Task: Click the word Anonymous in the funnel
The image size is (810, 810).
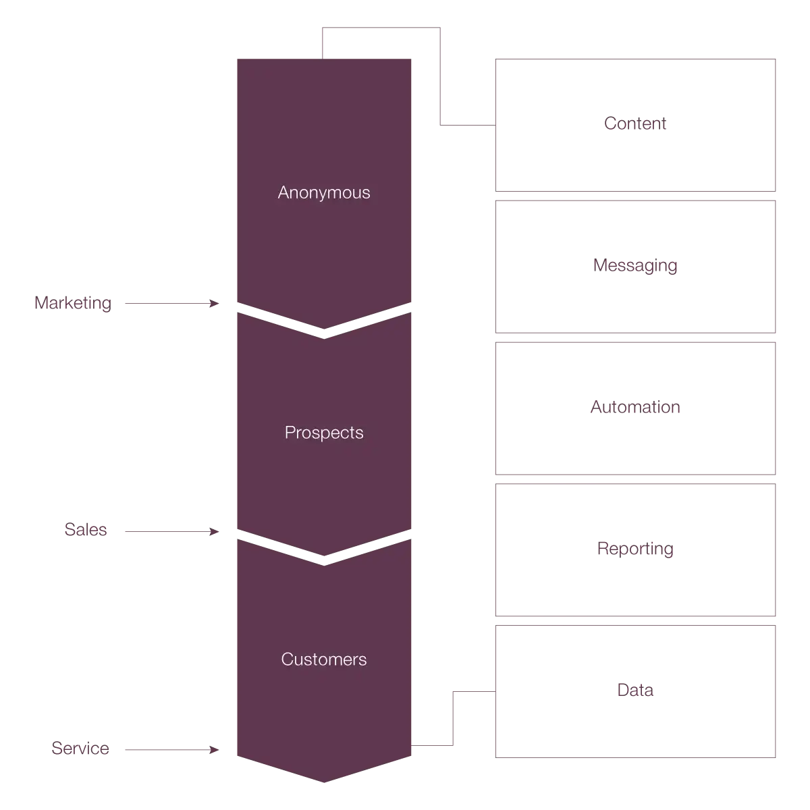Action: click(x=324, y=192)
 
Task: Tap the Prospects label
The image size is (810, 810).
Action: click(x=324, y=433)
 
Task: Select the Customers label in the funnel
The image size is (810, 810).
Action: click(x=324, y=659)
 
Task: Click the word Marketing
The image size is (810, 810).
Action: click(x=73, y=303)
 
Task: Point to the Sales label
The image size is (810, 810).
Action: click(x=86, y=530)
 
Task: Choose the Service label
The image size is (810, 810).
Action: click(x=80, y=749)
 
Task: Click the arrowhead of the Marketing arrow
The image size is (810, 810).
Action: click(x=215, y=304)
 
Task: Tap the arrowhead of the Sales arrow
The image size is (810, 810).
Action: click(x=215, y=532)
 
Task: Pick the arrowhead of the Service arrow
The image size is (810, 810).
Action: click(x=215, y=750)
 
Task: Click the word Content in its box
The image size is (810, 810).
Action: click(x=635, y=124)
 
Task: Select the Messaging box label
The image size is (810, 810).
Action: click(x=635, y=265)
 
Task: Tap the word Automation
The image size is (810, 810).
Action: click(x=635, y=407)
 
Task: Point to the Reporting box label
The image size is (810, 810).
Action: click(x=635, y=549)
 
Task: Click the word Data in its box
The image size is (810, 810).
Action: click(x=635, y=690)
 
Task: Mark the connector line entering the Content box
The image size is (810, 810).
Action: click(x=468, y=125)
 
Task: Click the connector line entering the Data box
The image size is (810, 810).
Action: click(x=474, y=692)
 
